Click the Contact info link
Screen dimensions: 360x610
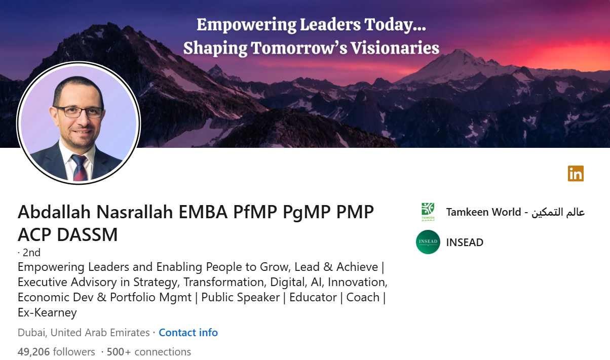click(188, 333)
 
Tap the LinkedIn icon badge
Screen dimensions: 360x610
click(576, 174)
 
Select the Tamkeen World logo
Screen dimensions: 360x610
click(428, 212)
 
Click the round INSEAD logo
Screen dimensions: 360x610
click(428, 242)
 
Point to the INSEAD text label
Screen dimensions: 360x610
click(465, 243)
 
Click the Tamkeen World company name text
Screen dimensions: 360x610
click(515, 212)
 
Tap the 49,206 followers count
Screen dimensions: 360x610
click(56, 351)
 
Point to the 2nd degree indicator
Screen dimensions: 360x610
click(31, 252)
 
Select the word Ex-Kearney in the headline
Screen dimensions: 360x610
click(47, 312)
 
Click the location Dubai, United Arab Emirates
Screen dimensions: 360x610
click(84, 333)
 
